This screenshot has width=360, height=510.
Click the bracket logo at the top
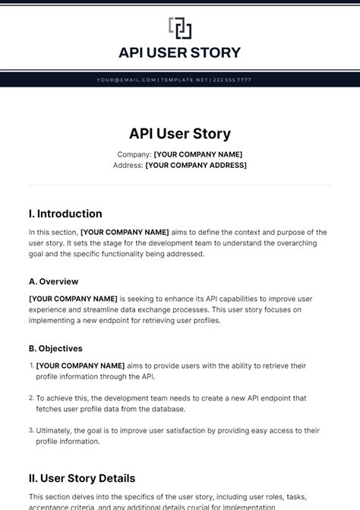[180, 28]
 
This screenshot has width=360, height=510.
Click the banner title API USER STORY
[180, 52]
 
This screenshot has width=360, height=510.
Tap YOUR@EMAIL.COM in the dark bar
[126, 80]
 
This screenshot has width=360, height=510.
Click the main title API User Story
[180, 134]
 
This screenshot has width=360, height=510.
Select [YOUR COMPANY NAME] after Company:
[198, 154]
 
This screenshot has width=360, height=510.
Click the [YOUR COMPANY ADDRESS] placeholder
[196, 165]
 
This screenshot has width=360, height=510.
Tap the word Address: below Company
[128, 165]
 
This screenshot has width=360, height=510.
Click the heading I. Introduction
[65, 214]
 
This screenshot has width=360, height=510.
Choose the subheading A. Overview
[53, 281]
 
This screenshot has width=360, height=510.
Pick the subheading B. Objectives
[55, 349]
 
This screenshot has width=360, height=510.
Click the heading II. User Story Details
[82, 478]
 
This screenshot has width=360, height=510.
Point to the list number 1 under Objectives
[31, 366]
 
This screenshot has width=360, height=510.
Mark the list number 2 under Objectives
[31, 398]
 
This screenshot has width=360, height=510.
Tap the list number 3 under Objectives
[31, 430]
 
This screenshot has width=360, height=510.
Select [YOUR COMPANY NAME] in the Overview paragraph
[73, 299]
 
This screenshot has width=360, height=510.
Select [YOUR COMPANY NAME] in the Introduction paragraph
[125, 232]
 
